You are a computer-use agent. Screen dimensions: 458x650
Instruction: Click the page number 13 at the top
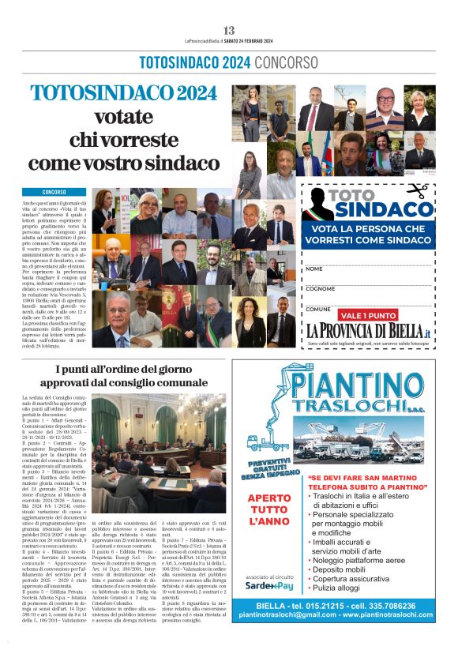coord(229,30)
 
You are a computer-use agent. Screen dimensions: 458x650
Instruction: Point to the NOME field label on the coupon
coord(314,269)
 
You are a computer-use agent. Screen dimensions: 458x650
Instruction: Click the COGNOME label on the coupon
coord(319,289)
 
